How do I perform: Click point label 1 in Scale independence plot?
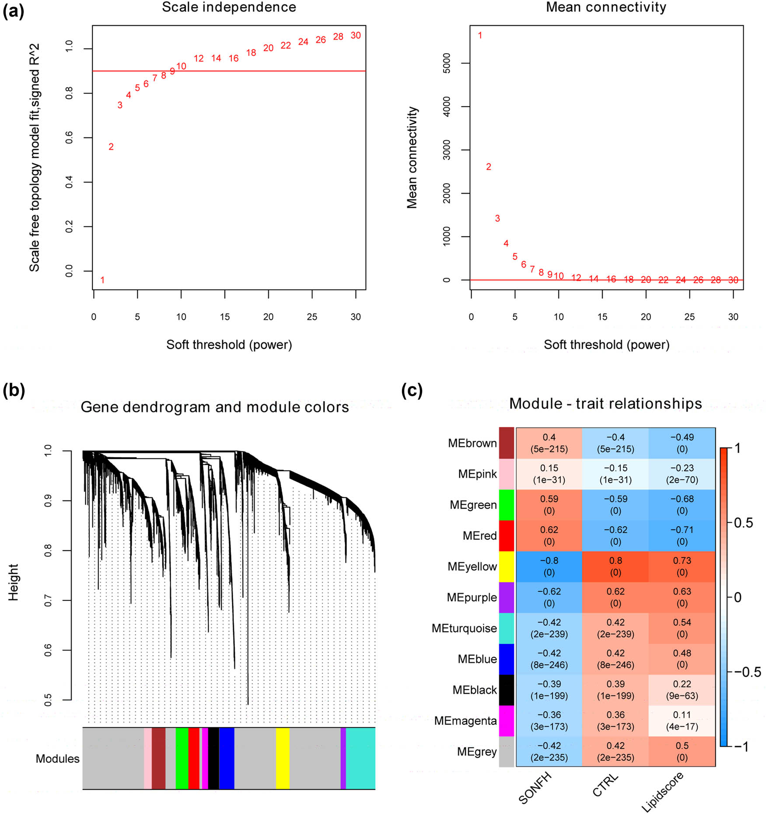click(x=102, y=280)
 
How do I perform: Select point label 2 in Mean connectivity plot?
click(x=489, y=167)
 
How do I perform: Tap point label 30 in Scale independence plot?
click(x=356, y=35)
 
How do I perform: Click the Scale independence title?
click(x=229, y=7)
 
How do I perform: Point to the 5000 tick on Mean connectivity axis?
click(x=447, y=63)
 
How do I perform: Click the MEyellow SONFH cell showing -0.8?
click(x=549, y=566)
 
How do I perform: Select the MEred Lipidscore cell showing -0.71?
click(x=682, y=535)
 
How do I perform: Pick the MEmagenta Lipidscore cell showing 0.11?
click(x=682, y=720)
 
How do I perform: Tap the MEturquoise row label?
click(x=464, y=628)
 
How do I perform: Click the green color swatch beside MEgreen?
click(x=506, y=505)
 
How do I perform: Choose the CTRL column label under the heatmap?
click(x=605, y=785)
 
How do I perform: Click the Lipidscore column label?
click(x=662, y=792)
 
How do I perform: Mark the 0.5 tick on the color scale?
click(x=744, y=523)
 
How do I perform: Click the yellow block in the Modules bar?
click(x=283, y=758)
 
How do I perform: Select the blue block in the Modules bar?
click(x=227, y=758)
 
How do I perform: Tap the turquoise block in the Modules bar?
click(x=360, y=758)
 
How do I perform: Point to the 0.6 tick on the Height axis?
click(x=48, y=650)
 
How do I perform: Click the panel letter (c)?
click(x=412, y=390)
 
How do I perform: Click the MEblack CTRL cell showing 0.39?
click(x=616, y=690)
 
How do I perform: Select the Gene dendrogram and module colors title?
click(x=215, y=407)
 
